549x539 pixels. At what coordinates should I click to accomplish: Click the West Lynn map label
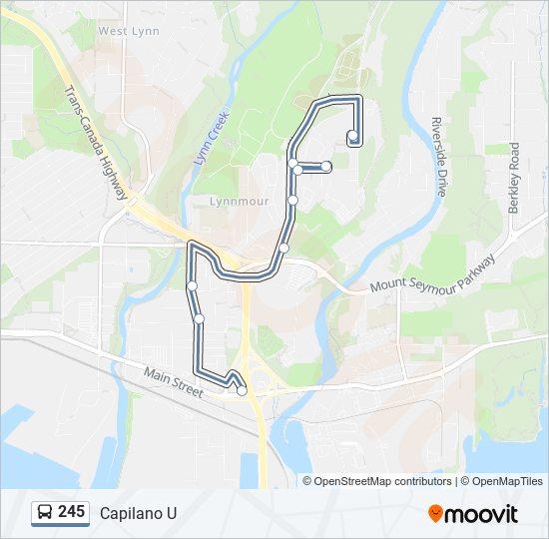click(x=129, y=31)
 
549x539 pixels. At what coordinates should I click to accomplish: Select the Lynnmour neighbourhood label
click(x=239, y=201)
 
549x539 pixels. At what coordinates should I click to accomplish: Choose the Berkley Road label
click(x=514, y=178)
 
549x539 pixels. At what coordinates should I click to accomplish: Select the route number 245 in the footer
click(x=71, y=512)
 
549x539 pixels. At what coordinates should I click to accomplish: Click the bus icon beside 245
click(x=45, y=513)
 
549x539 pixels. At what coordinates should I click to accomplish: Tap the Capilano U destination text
click(x=138, y=513)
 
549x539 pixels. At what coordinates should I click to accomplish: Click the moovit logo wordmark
click(x=482, y=514)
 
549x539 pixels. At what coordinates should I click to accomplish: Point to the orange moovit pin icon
click(x=435, y=514)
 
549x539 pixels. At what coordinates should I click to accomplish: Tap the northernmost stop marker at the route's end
click(x=352, y=136)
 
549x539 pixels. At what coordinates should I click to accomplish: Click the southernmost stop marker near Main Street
click(x=242, y=390)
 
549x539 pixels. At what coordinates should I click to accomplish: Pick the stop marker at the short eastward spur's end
click(x=326, y=166)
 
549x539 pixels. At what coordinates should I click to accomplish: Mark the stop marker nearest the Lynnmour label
click(x=292, y=201)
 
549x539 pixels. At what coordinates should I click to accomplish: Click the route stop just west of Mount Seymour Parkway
click(x=283, y=248)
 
